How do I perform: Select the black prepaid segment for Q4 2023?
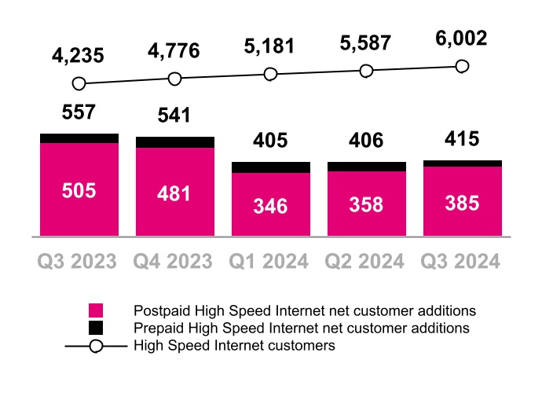(174, 142)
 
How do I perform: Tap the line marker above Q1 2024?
(270, 74)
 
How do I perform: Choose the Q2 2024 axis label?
(366, 261)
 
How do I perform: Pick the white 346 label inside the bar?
(270, 207)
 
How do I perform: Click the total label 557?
(79, 112)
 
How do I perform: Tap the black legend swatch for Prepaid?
(97, 327)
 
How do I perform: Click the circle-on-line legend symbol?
(97, 345)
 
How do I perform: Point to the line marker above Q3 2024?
(462, 66)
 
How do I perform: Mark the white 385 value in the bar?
(462, 203)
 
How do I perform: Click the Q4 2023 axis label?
(174, 261)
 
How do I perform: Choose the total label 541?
(174, 116)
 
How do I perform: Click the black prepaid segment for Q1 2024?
(270, 167)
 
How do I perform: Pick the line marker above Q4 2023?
(174, 79)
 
